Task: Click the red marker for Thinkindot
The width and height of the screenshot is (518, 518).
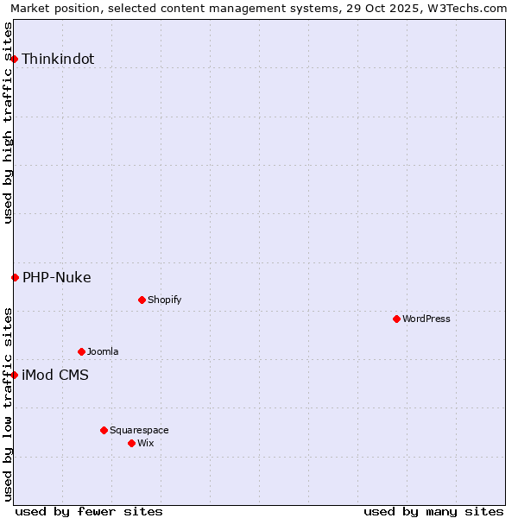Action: [x=15, y=59]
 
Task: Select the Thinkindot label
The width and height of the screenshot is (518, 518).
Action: [x=58, y=60]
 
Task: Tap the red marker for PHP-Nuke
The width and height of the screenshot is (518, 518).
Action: [x=15, y=277]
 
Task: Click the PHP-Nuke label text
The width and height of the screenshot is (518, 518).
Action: [x=57, y=278]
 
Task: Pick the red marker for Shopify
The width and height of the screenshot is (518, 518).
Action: [x=142, y=300]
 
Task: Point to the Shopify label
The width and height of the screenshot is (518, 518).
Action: [x=164, y=300]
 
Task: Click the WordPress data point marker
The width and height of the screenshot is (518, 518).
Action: [x=396, y=319]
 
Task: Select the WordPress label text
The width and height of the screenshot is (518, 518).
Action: [x=426, y=319]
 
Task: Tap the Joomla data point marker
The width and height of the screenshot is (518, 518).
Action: [x=81, y=351]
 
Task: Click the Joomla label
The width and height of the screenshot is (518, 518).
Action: [x=103, y=352]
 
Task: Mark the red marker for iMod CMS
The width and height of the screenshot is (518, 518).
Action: [x=15, y=375]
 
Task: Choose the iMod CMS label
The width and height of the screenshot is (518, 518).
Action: [x=55, y=376]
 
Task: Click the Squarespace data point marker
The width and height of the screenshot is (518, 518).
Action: [x=104, y=430]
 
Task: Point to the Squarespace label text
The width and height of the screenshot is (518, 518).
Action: [x=139, y=431]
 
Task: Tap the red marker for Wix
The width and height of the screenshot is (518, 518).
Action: [x=131, y=443]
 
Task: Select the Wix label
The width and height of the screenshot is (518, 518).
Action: [x=146, y=444]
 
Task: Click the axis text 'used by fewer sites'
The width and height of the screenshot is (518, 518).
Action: [x=89, y=511]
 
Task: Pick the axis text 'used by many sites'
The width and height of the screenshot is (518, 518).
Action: [x=433, y=511]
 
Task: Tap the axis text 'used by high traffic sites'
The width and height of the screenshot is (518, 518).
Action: [x=9, y=123]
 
